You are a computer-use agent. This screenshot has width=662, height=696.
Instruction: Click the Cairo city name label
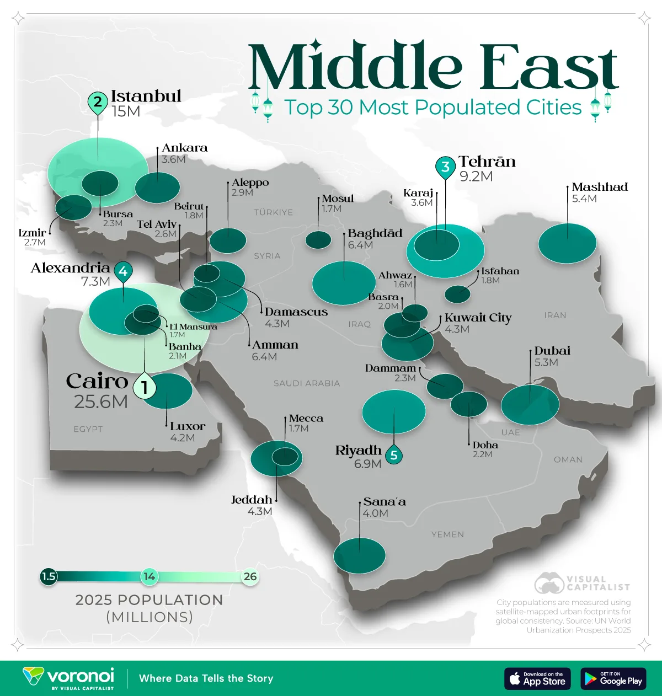[x=97, y=381]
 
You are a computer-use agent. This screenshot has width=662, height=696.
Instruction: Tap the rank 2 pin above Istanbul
[x=98, y=102]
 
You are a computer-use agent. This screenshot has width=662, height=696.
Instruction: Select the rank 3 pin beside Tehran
[x=445, y=166]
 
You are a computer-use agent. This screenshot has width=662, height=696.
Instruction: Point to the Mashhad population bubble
[x=567, y=243]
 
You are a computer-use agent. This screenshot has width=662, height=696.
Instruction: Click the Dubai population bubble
[x=530, y=404]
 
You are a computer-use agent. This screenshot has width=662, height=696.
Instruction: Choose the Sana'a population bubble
[x=359, y=556]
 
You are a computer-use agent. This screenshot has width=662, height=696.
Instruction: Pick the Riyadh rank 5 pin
[x=394, y=455]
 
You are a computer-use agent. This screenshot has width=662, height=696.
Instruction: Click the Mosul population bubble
[x=318, y=240]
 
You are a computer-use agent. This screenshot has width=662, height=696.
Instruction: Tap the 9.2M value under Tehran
[x=476, y=176]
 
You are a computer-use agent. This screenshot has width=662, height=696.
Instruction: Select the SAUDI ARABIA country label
[x=307, y=383]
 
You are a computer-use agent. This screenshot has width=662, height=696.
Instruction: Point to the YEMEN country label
[x=447, y=534]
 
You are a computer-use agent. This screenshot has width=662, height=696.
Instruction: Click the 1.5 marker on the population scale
[x=49, y=576]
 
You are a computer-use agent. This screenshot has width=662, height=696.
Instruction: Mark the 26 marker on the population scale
[x=250, y=576]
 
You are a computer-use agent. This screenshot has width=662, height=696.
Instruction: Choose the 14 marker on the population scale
[x=149, y=576]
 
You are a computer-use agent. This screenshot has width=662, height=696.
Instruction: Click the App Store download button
[x=537, y=679]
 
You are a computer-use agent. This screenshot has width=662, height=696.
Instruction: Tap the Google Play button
[x=613, y=679]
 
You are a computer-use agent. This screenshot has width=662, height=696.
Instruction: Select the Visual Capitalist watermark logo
[x=582, y=583]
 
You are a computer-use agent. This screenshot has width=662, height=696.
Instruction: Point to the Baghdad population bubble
[x=344, y=283]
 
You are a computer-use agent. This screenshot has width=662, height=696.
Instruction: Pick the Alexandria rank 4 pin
[x=123, y=271]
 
